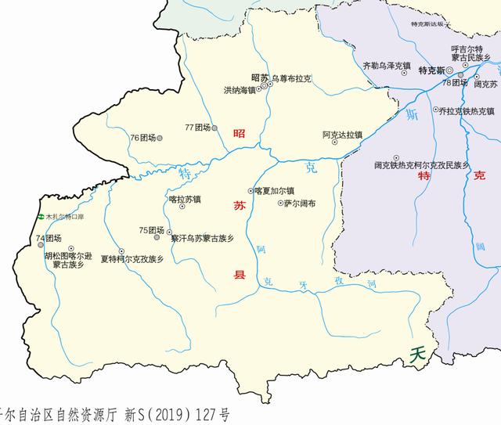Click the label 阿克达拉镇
[342, 135]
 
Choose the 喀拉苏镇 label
[185, 200]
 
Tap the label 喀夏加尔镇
[274, 190]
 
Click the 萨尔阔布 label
[300, 203]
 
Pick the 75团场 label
[150, 230]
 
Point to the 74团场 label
[48, 238]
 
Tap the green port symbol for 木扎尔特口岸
[40, 217]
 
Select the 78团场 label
[453, 82]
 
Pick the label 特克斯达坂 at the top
[427, 23]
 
